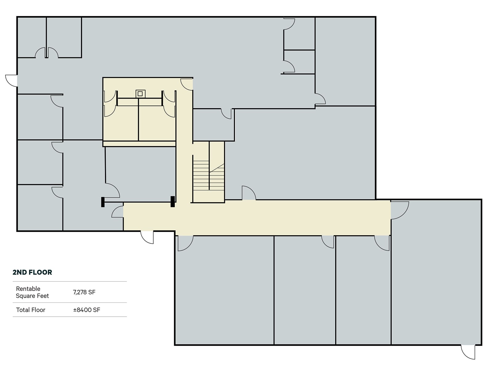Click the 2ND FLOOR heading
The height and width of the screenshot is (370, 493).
[32, 272]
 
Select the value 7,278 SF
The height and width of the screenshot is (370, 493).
[84, 292]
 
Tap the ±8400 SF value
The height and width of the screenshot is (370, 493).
[87, 310]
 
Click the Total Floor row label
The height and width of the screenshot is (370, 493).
[31, 310]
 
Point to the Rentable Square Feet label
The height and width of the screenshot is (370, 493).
[32, 292]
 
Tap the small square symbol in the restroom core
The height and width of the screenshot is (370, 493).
[140, 94]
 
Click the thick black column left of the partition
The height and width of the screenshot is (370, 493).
[103, 202]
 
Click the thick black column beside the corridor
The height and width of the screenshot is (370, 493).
[173, 201]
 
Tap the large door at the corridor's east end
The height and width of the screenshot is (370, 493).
[399, 210]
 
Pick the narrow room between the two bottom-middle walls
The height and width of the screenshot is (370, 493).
[304, 290]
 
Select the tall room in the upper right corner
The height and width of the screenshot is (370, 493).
[345, 62]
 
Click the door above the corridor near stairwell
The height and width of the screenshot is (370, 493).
[248, 193]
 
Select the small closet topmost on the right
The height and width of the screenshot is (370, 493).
[299, 33]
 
